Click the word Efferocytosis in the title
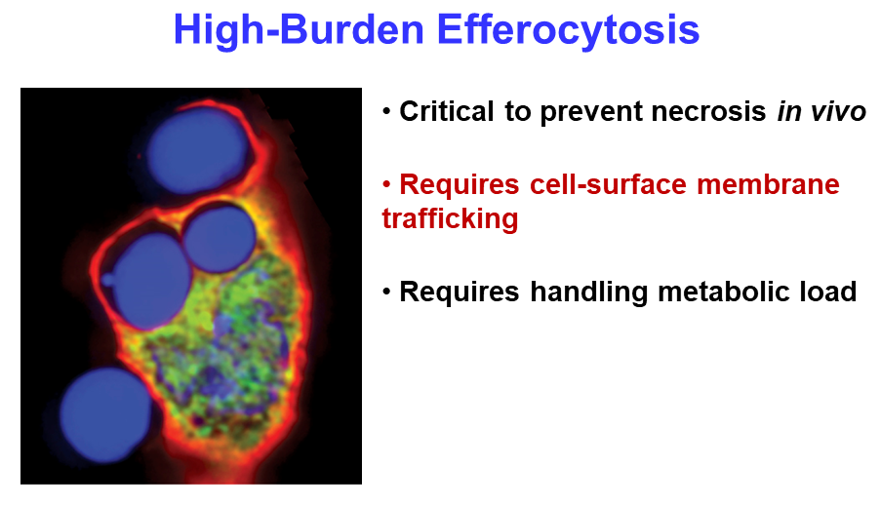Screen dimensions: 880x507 click(x=568, y=29)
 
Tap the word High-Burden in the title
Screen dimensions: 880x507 click(x=299, y=29)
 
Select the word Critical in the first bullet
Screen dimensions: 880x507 click(x=446, y=111)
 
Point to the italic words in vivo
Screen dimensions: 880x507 click(x=821, y=111)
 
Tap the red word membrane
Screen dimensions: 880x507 click(x=768, y=184)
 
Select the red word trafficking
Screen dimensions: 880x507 click(x=450, y=218)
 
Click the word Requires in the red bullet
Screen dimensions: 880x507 click(x=460, y=185)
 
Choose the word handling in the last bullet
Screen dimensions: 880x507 click(x=588, y=292)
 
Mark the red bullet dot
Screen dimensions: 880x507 click(x=386, y=184)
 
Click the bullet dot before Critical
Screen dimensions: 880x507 click(x=386, y=111)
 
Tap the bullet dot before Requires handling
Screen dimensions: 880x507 click(x=386, y=292)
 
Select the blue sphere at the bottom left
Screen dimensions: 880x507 click(x=105, y=415)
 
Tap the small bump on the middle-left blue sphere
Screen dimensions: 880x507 click(x=107, y=279)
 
